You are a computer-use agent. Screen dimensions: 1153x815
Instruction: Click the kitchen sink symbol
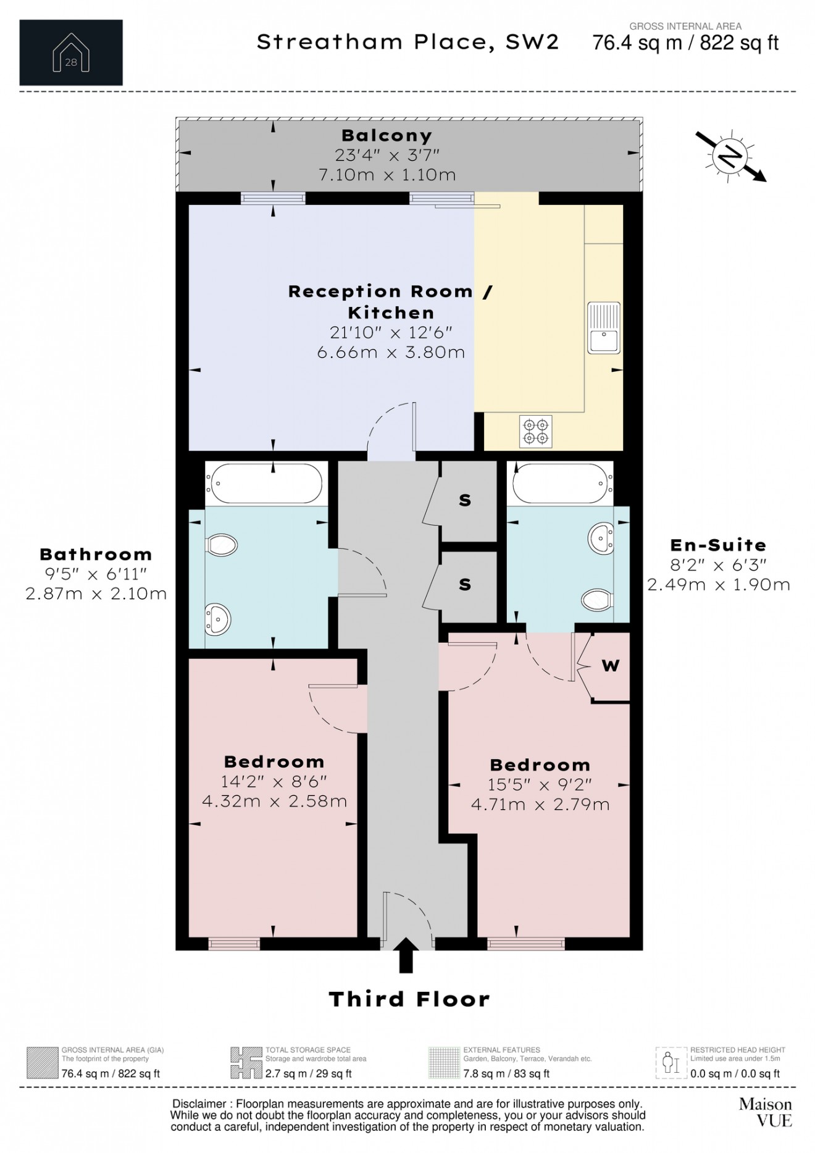point(603,328)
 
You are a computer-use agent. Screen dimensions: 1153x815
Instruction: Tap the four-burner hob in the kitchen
point(536,431)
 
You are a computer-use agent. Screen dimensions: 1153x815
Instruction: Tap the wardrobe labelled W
point(610,666)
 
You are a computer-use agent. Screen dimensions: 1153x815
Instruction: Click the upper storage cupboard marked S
point(466,501)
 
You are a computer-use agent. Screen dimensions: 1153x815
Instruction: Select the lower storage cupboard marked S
point(466,584)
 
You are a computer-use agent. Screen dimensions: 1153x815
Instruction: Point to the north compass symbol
point(731,157)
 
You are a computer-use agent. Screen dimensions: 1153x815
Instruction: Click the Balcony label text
point(387,135)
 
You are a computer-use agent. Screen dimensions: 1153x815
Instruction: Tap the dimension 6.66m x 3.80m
point(391,353)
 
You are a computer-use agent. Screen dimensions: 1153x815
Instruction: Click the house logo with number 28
point(71,53)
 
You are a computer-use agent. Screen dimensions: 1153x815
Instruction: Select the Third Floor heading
point(409,999)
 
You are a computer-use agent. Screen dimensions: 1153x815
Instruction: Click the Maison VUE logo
point(765,1112)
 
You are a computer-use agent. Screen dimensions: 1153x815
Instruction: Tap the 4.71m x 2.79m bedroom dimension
point(540,805)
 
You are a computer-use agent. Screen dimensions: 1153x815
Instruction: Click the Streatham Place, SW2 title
point(407,42)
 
